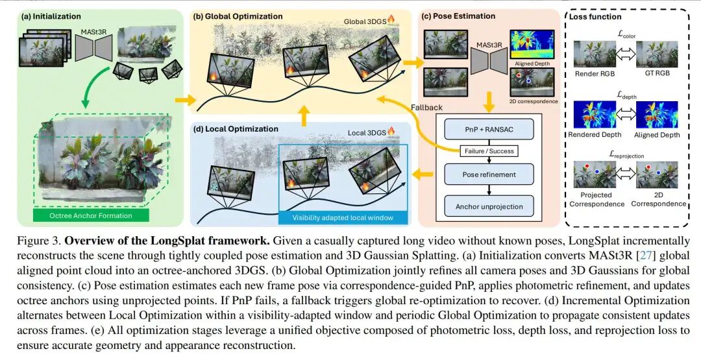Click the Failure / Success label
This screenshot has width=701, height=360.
(x=488, y=151)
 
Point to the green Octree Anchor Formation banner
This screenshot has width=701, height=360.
(x=91, y=215)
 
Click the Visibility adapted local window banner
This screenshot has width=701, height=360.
(x=343, y=218)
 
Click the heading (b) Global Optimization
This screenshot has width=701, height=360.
(x=240, y=16)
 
